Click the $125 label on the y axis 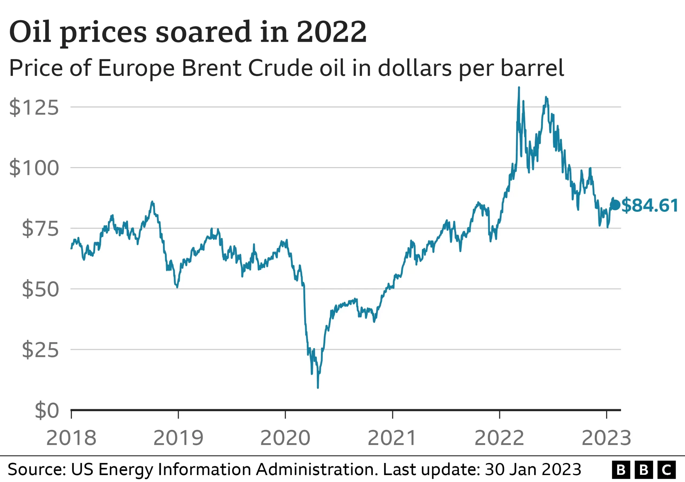(34, 107)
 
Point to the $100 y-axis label (34, 168)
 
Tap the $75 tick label (40, 229)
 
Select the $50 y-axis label (40, 289)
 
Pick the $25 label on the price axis (40, 350)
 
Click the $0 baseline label (47, 411)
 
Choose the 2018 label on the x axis (71, 438)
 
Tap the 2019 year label (178, 438)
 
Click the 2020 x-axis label (285, 438)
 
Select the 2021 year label (392, 438)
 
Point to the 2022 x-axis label (499, 438)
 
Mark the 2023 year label (606, 438)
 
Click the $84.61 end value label (650, 205)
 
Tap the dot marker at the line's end (615, 205)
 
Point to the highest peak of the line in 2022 (519, 88)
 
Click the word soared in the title (203, 32)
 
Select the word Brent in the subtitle (211, 68)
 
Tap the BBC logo (644, 470)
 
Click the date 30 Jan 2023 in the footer (533, 469)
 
